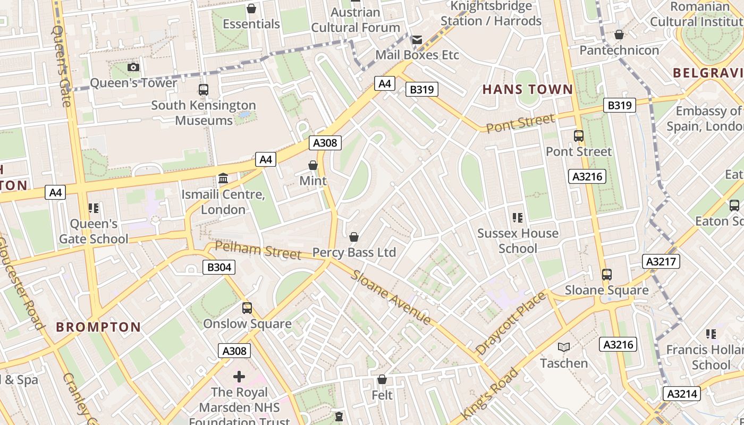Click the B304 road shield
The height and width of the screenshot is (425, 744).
[219, 267]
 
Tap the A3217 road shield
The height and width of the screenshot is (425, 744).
[661, 261]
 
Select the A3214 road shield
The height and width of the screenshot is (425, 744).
[682, 394]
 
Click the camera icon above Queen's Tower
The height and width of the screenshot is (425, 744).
[133, 67]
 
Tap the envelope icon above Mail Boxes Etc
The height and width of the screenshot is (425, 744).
[417, 39]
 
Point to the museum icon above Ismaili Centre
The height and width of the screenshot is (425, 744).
[223, 178]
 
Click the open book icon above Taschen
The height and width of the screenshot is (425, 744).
[564, 347]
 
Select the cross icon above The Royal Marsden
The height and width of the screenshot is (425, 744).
[239, 377]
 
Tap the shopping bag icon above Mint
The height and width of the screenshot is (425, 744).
[313, 165]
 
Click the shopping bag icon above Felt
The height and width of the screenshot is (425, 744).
[382, 379]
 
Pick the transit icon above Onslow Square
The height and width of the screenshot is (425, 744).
[247, 308]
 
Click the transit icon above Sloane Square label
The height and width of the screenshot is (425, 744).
[606, 275]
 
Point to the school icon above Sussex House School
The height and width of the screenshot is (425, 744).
[518, 217]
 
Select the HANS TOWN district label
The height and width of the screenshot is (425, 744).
[528, 89]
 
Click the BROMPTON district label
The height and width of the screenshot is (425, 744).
[98, 327]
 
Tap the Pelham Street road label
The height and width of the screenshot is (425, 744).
[258, 250]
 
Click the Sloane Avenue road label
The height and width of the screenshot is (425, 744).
[391, 297]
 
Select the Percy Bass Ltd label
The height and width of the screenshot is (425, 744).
[354, 252]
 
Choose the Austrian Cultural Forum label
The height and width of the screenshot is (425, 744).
[356, 20]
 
